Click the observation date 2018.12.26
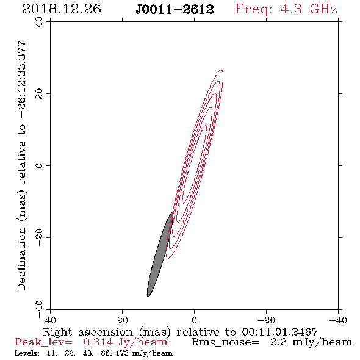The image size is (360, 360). coord(62,9)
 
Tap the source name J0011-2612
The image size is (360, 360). coord(175,10)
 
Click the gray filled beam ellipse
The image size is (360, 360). coord(160,255)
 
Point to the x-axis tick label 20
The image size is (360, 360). coord(122,320)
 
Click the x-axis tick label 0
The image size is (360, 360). coord(194,320)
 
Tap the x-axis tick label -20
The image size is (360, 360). coord(266,320)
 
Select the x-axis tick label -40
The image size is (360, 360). coord(338,320)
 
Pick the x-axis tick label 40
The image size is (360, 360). coord(50,320)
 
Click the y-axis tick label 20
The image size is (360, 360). coord(39,94)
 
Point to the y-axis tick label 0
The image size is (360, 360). coord(39,165)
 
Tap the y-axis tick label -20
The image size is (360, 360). coord(39,237)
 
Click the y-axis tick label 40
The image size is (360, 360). coord(39,22)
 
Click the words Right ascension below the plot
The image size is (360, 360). coord(88,332)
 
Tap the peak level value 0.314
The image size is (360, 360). coord(98,342)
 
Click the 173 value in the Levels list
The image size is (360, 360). coord(122,353)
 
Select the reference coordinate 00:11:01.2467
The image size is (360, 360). coord(279,332)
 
